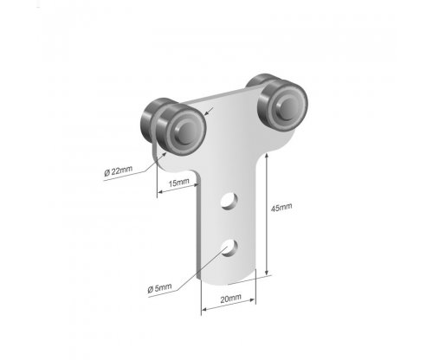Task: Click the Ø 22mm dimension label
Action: pyautogui.click(x=119, y=171)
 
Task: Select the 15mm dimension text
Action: pyautogui.click(x=179, y=183)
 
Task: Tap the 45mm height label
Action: pyautogui.click(x=281, y=208)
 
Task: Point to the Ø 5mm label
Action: pyautogui.click(x=159, y=287)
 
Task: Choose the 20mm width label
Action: pyautogui.click(x=230, y=299)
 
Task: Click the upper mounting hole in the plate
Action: pyautogui.click(x=229, y=201)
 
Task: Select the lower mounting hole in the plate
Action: pyautogui.click(x=229, y=247)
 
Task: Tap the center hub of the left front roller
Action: pyautogui.click(x=187, y=133)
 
